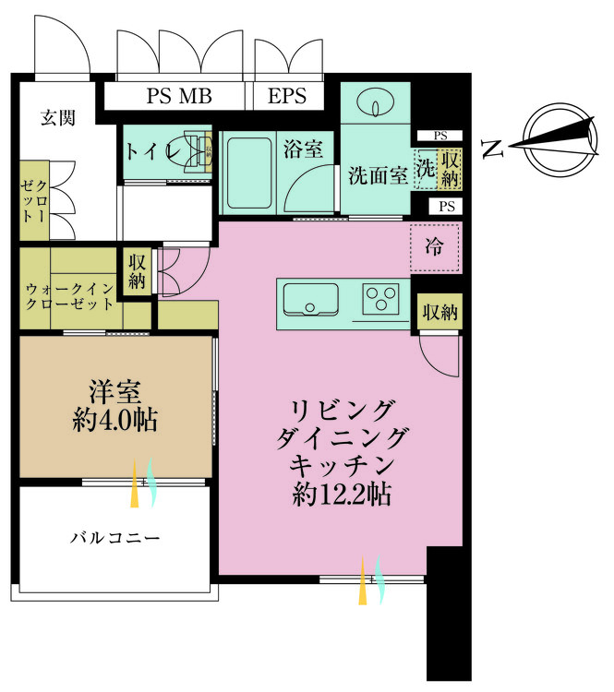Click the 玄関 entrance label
[57, 117]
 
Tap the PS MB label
[179, 96]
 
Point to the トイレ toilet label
[153, 152]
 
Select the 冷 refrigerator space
[434, 247]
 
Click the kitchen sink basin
[310, 300]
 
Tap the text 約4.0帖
[114, 422]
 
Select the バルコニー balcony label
[115, 537]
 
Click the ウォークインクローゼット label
[70, 296]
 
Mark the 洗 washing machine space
[426, 170]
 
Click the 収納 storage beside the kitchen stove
[439, 312]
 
